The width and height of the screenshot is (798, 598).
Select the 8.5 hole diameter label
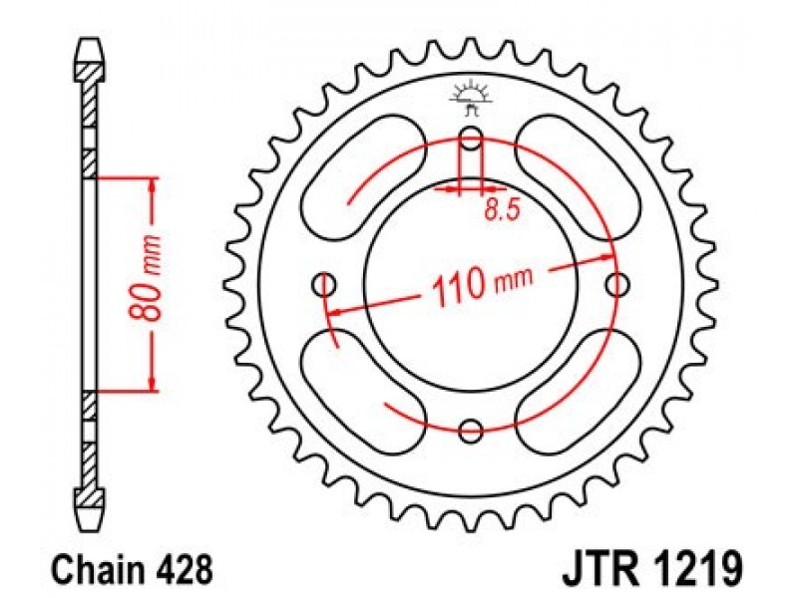coord(503,209)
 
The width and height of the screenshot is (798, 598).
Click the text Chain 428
coord(133,569)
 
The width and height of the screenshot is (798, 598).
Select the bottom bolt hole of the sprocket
coord(470,432)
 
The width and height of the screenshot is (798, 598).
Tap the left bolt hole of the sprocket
coord(324,285)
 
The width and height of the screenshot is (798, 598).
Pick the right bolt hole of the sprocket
coord(617,285)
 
